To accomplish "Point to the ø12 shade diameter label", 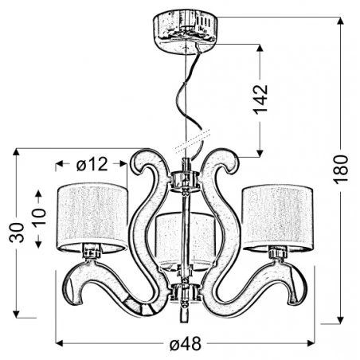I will coord(92,165).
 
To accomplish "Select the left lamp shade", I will coord(92,215).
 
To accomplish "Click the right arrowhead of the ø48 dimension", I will coord(313,344).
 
